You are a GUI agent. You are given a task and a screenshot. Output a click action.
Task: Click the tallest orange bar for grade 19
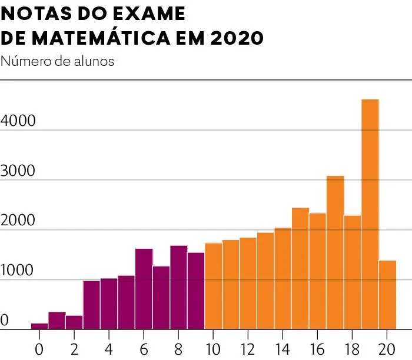370,215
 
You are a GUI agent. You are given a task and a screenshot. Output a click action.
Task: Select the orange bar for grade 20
387,295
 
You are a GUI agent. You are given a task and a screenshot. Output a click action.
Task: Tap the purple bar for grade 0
39,326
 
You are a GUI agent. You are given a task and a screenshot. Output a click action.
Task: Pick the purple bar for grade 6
144,289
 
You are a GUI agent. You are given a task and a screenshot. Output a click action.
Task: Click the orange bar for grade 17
335,252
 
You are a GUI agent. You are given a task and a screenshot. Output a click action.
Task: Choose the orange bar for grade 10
213,286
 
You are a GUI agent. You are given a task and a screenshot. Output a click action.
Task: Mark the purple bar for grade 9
196,291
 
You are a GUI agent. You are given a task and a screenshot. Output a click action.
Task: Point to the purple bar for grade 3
91,305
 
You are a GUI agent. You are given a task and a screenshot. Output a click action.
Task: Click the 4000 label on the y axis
18,121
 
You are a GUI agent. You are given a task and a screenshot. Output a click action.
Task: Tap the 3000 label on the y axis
18,171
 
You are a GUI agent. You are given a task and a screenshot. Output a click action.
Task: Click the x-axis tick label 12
248,346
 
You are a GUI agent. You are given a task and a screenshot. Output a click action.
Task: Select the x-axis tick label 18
352,346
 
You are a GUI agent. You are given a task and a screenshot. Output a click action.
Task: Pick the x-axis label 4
109,346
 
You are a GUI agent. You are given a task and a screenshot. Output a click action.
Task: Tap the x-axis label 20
387,346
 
